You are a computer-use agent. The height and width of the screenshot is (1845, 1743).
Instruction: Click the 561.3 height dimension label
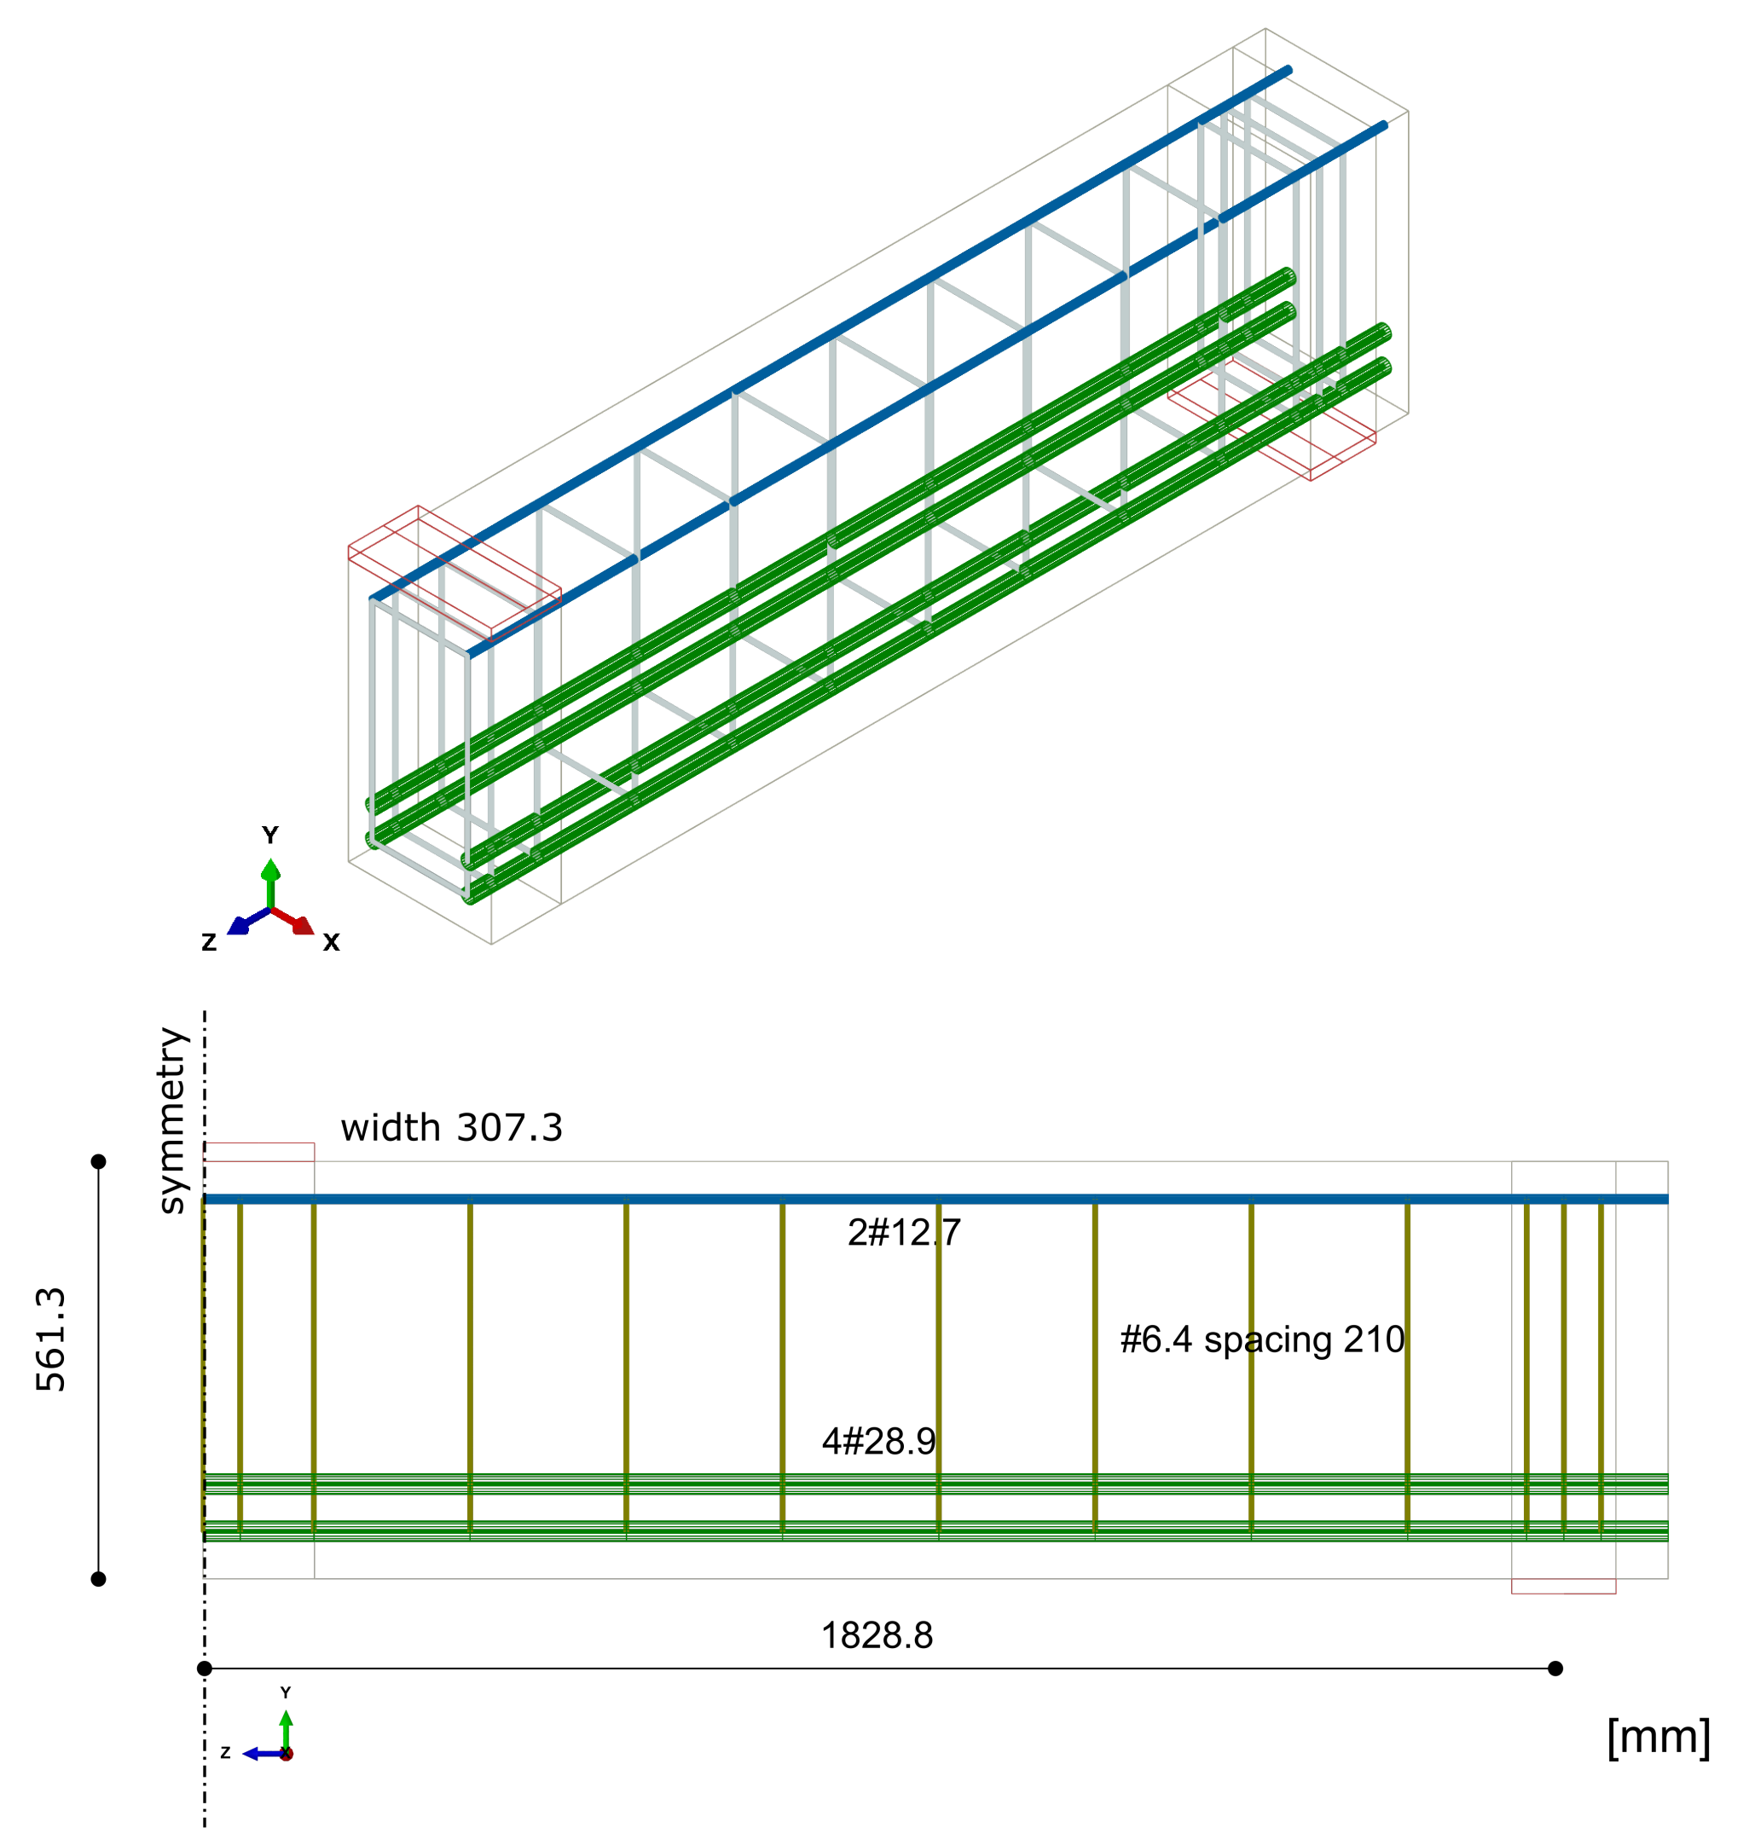coord(51,1339)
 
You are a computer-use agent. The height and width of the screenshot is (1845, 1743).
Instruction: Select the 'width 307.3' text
coord(452,1128)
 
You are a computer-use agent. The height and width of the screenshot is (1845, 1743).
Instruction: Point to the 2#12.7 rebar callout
coord(904,1233)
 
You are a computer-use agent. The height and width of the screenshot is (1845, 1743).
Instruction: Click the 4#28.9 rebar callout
coord(879,1441)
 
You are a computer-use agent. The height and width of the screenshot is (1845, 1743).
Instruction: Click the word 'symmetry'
coord(173,1120)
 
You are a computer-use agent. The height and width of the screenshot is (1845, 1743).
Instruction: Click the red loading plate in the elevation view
coord(259,1152)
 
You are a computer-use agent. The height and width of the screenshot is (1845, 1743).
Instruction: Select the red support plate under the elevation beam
coord(1564,1586)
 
